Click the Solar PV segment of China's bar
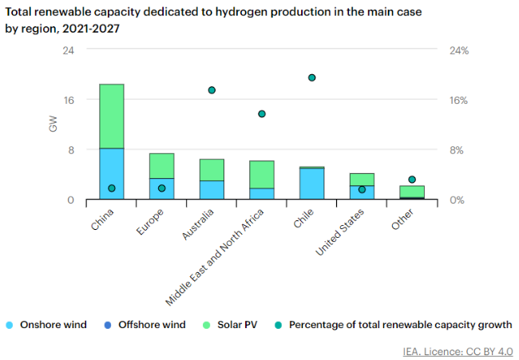(x=111, y=116)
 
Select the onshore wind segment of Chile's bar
(x=312, y=184)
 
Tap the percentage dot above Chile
(x=312, y=77)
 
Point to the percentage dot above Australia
(x=212, y=90)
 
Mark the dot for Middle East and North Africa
(x=262, y=113)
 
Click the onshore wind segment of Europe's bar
(x=161, y=189)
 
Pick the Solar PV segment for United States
(x=362, y=179)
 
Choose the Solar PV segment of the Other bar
(x=412, y=191)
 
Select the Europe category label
(x=151, y=220)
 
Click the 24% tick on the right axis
(x=458, y=50)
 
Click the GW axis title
(x=53, y=125)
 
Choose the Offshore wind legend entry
(x=151, y=325)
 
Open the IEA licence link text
(x=458, y=351)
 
